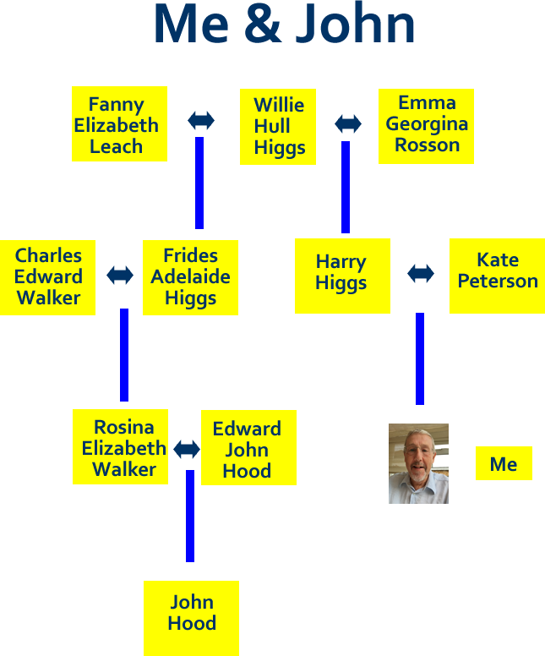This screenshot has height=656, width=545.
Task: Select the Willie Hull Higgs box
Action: pos(278,127)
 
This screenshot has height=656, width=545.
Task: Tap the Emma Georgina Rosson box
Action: pos(426,125)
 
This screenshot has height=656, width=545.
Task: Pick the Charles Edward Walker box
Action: pos(48,277)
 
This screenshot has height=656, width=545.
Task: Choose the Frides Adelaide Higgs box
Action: pos(190,277)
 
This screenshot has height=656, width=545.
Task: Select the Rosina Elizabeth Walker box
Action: pos(121,447)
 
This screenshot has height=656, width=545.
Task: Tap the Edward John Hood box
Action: pos(248,447)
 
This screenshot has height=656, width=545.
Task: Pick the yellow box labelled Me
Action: pos(504,463)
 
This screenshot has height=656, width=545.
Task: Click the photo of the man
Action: pos(418,463)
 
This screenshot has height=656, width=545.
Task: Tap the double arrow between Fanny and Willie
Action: pos(201,120)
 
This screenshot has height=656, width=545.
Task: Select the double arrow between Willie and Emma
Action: pos(348,123)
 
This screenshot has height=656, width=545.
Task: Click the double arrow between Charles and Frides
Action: pos(120,275)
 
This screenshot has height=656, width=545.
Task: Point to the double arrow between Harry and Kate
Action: pos(421,273)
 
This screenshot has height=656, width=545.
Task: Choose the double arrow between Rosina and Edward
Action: pos(187,449)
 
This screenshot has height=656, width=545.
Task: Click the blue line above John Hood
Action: pos(190,516)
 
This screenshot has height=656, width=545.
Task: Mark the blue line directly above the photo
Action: pos(420,358)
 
